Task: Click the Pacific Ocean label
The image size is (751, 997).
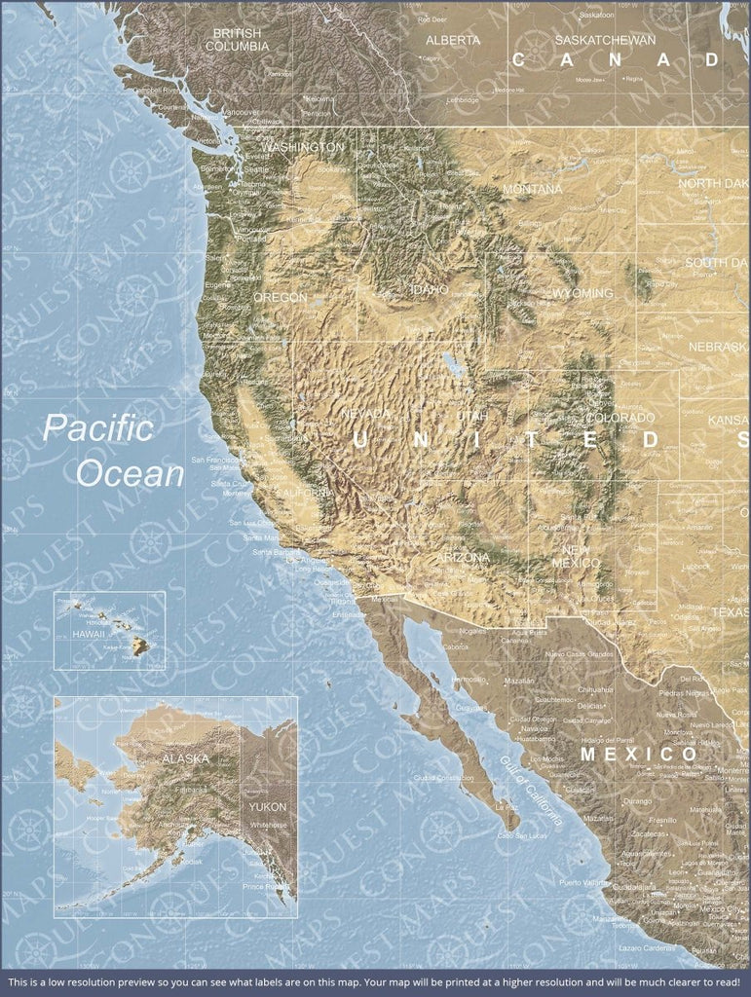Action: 114,451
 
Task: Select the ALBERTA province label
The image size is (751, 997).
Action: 453,41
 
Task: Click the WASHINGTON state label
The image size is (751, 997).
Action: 303,147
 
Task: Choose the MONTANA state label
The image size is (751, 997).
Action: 532,189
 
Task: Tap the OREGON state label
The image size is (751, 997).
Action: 281,297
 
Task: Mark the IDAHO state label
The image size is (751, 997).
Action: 429,290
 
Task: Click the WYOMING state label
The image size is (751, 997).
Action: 582,293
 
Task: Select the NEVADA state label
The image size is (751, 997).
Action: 365,414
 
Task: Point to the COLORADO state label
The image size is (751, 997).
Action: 620,418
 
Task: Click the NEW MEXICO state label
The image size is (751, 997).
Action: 576,556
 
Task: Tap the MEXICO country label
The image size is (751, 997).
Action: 639,755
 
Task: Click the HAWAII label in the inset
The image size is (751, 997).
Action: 89,634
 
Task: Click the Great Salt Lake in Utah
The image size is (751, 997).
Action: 451,365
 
